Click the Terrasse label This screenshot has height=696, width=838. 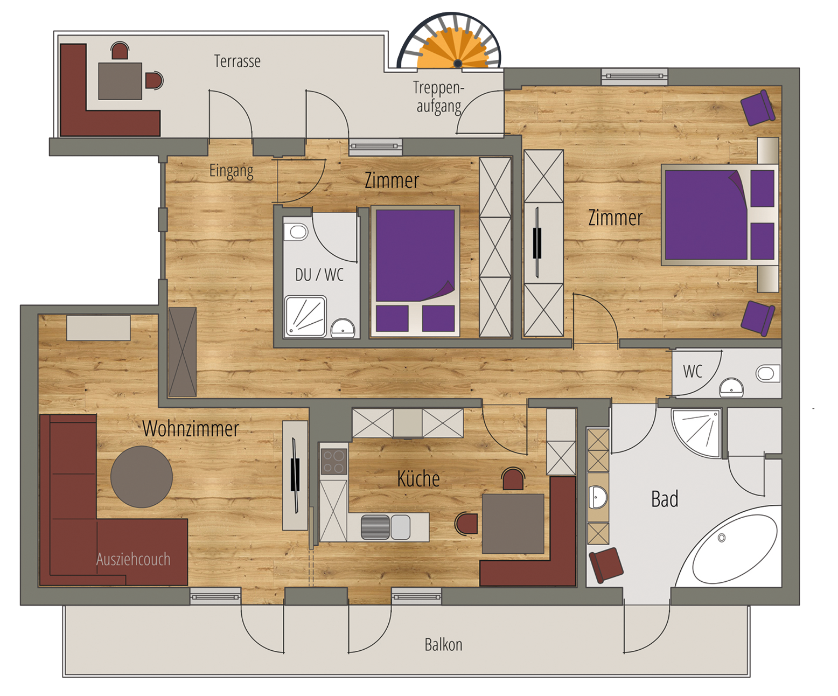tap(237, 61)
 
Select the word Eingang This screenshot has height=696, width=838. tap(231, 171)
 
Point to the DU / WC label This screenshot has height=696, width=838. tap(319, 275)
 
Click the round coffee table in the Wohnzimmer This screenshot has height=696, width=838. tap(142, 477)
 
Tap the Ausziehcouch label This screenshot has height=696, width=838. tap(133, 559)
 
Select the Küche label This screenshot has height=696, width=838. tap(418, 479)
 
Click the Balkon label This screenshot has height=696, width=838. tap(443, 645)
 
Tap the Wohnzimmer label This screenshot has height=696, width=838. tap(191, 429)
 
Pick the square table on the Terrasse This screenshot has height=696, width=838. tap(120, 81)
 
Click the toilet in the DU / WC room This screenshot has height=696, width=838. tap(296, 232)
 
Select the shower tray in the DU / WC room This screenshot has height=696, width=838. tap(305, 316)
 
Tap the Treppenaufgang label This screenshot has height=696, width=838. tap(439, 98)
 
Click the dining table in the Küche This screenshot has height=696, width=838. tap(513, 524)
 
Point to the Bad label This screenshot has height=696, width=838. tap(665, 499)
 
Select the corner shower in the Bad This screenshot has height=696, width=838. tap(696, 433)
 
